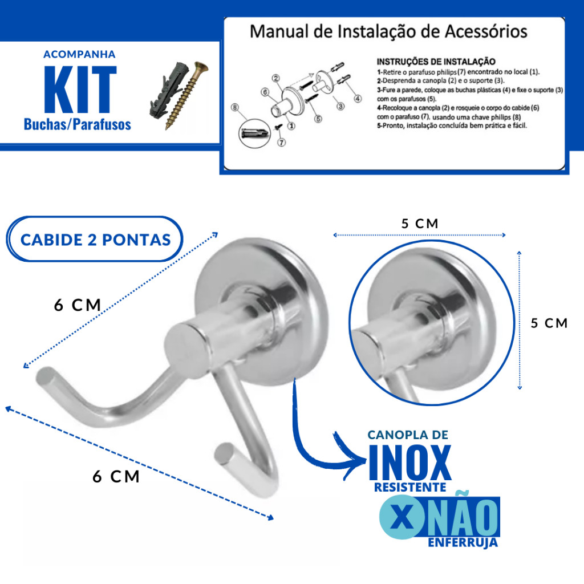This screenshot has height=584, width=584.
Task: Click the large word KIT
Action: pyautogui.click(x=80, y=90)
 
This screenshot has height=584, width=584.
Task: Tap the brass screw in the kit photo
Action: pyautogui.click(x=187, y=95)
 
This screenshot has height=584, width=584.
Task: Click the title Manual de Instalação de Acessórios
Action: pyautogui.click(x=388, y=31)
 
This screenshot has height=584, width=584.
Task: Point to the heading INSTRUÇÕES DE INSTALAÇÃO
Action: pyautogui.click(x=436, y=62)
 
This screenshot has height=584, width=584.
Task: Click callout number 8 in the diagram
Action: pyautogui.click(x=234, y=107)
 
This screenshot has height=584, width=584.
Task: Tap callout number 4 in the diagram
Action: pyautogui.click(x=358, y=98)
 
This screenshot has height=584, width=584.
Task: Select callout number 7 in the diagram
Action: pyautogui.click(x=282, y=142)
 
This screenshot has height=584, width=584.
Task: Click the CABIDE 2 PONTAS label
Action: pyautogui.click(x=95, y=240)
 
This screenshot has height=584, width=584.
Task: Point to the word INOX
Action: pyautogui.click(x=409, y=463)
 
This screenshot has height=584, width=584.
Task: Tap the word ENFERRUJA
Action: pyautogui.click(x=463, y=542)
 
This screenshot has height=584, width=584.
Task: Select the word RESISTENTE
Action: pyautogui.click(x=410, y=487)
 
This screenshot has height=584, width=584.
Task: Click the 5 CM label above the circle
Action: pyautogui.click(x=420, y=224)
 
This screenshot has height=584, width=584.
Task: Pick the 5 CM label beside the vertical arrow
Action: pyautogui.click(x=549, y=323)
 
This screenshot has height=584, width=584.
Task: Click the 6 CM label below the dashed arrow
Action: pyautogui.click(x=116, y=476)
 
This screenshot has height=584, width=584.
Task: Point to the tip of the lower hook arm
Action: pyautogui.click(x=224, y=454)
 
